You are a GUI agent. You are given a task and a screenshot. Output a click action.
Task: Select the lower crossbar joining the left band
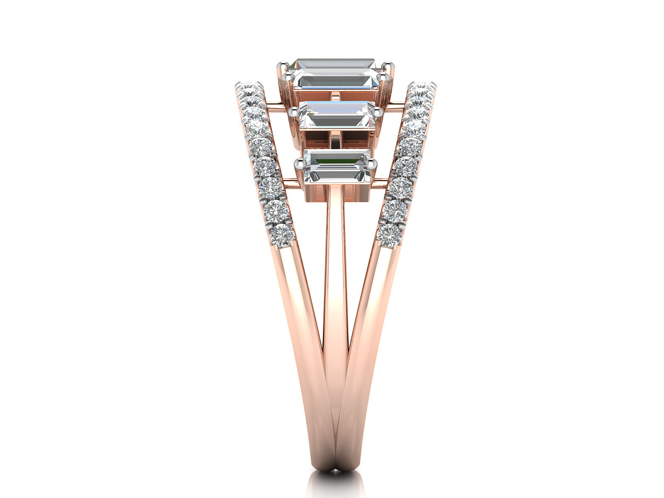tap(290, 180)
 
